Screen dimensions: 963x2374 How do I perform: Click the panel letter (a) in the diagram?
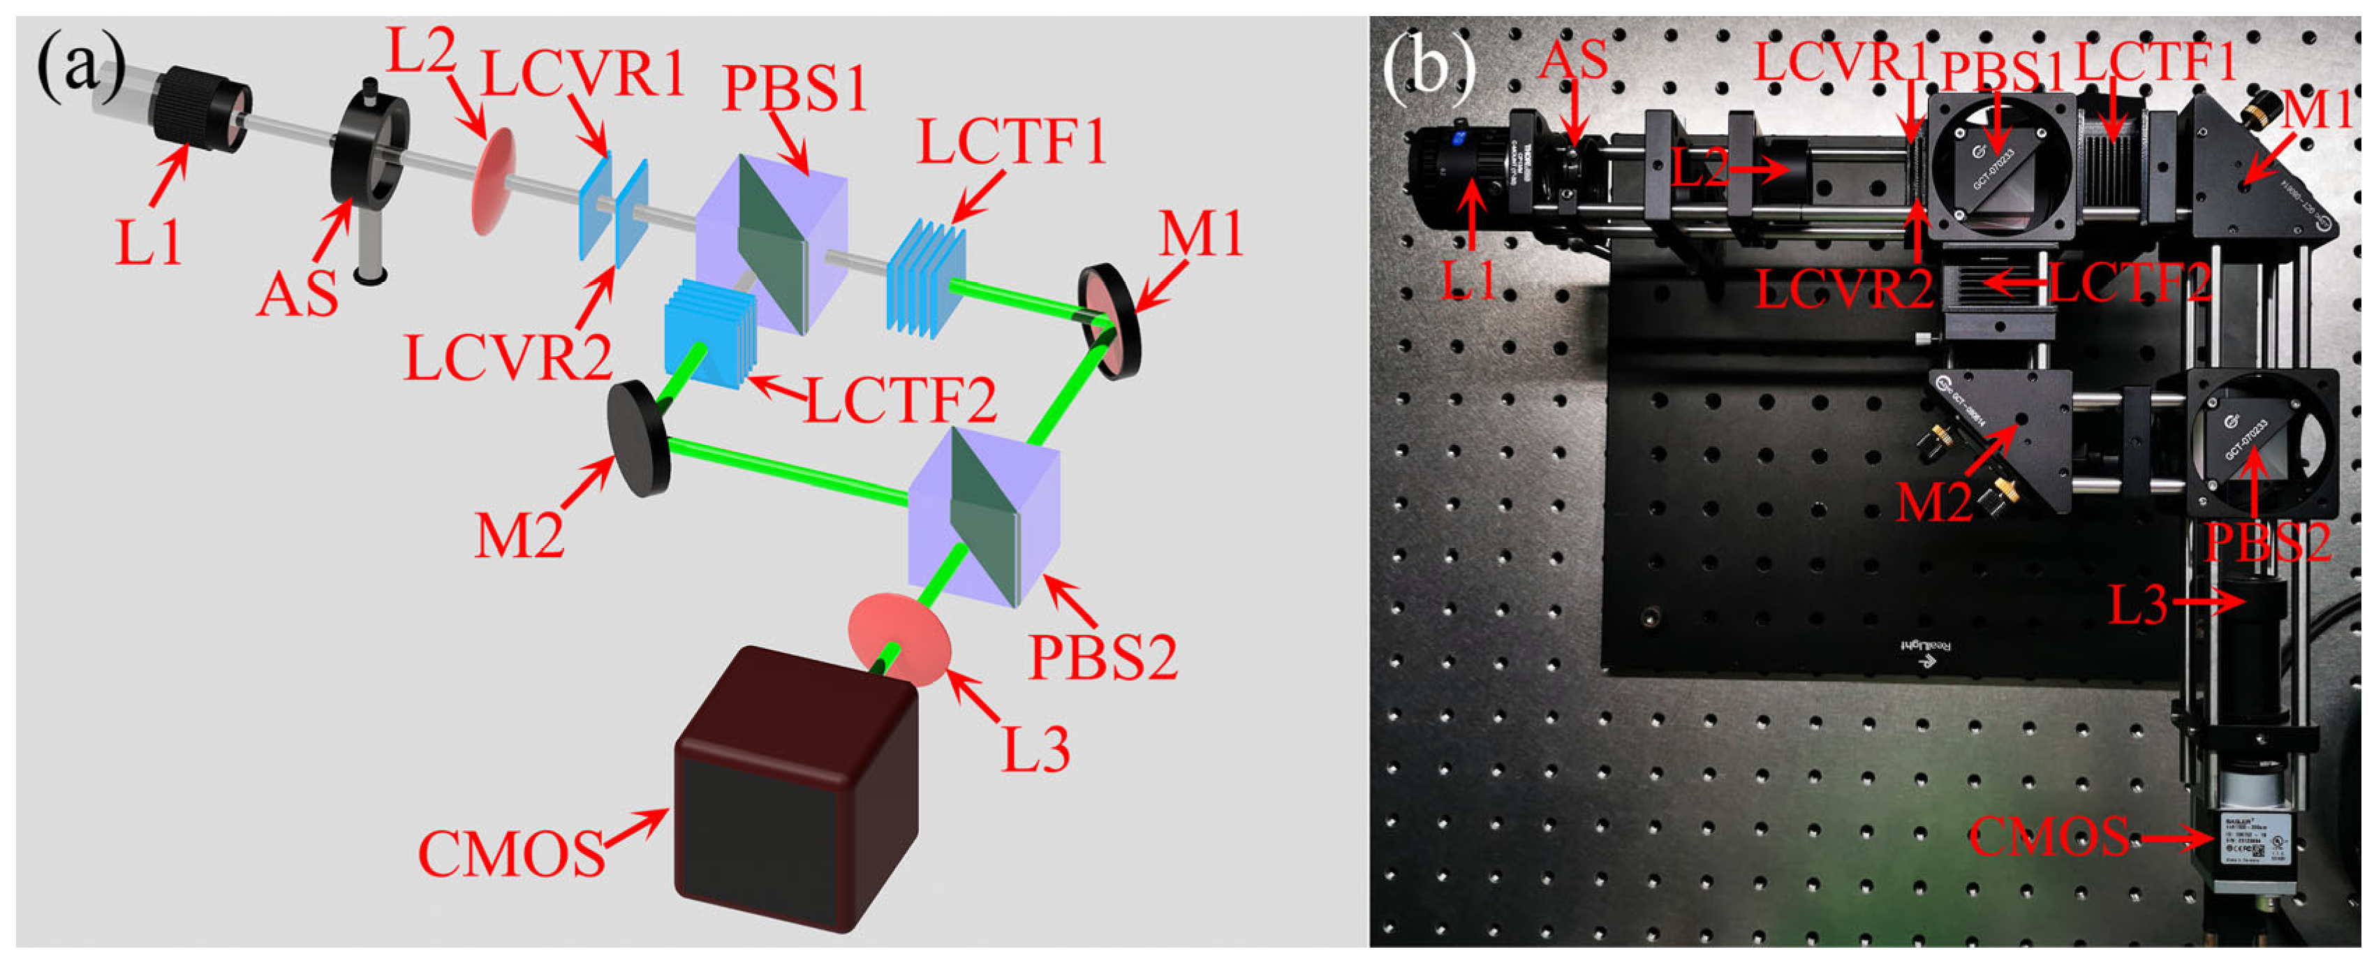point(80,69)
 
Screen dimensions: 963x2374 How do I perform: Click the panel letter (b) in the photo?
point(1429,67)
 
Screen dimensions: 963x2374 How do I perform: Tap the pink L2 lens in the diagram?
point(494,182)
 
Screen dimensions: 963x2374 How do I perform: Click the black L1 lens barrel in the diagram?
point(198,109)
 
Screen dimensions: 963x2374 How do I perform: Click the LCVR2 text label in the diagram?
point(508,358)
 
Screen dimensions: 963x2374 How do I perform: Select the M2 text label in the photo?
point(1933,502)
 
